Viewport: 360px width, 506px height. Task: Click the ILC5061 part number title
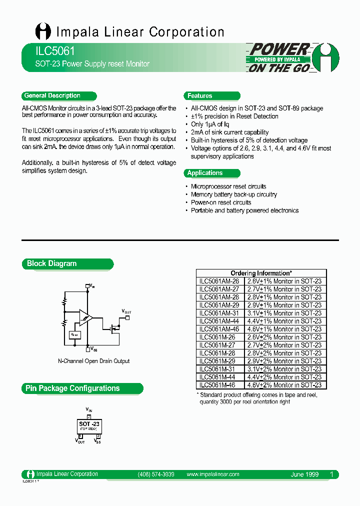[48, 51]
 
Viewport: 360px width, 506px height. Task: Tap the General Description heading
[52, 95]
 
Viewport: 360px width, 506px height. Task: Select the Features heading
[200, 95]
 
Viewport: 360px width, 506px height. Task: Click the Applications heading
[205, 173]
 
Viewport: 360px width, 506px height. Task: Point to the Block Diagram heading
[52, 263]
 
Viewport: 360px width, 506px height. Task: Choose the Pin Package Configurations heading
[72, 388]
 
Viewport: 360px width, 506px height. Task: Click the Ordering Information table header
[261, 273]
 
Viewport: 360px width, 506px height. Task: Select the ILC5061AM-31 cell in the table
[219, 313]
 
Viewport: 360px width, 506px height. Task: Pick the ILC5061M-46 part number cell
[218, 385]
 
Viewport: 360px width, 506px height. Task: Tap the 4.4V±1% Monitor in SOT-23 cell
[284, 321]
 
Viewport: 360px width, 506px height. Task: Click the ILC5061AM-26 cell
[219, 281]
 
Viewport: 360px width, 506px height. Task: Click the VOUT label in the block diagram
[126, 311]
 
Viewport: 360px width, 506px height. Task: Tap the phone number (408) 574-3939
[155, 474]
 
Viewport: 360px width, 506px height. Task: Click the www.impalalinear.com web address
[213, 474]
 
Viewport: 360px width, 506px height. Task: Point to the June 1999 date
[304, 474]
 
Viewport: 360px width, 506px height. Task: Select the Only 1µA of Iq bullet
[210, 124]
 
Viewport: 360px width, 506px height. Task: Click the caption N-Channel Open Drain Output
[94, 361]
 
